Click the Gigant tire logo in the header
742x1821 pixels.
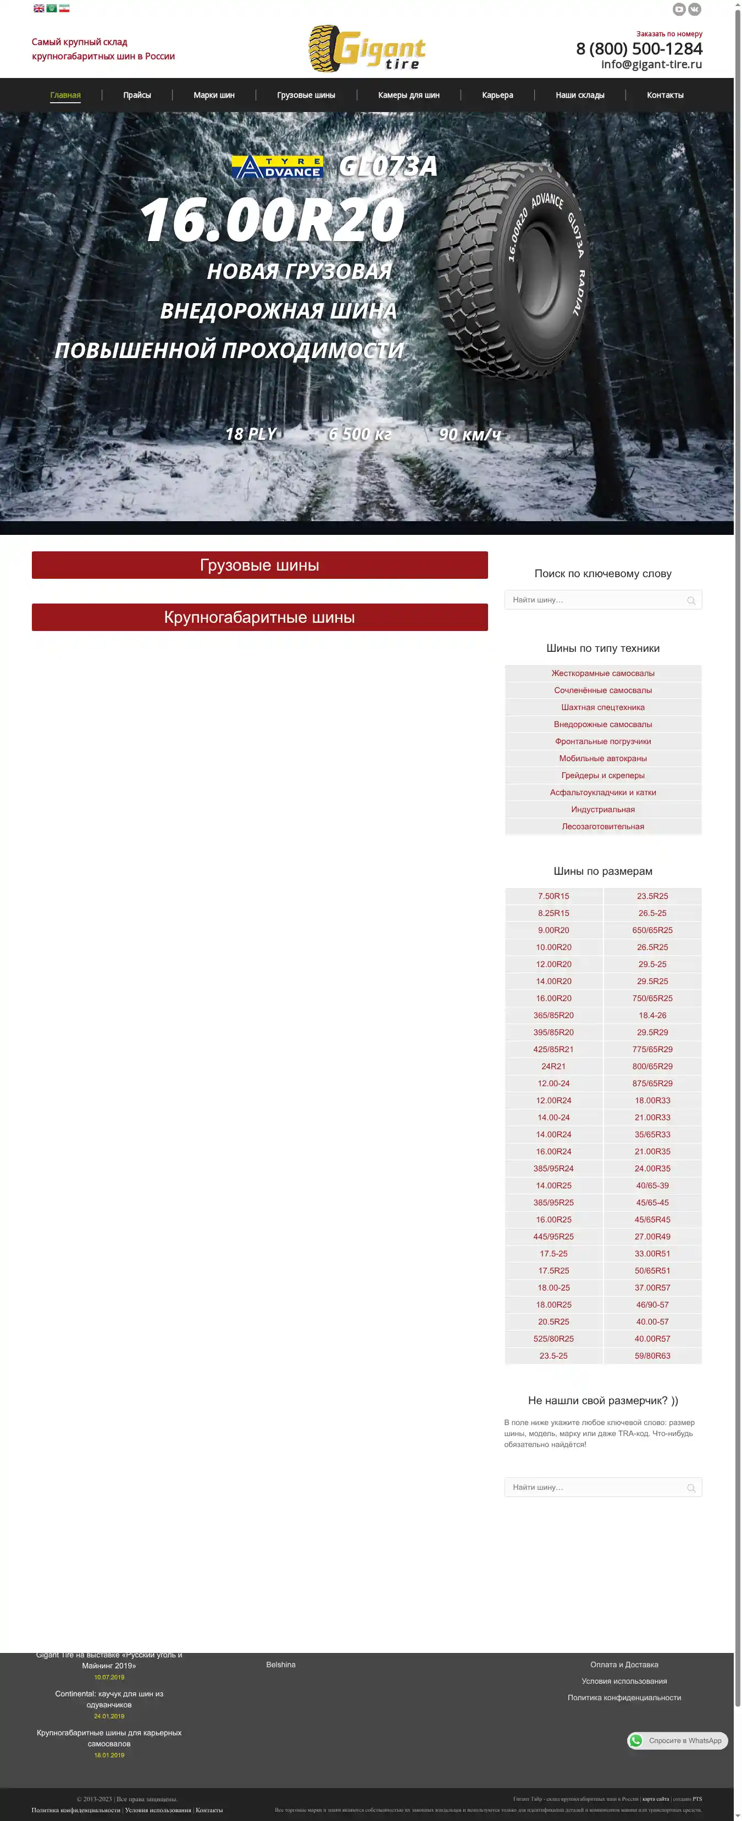367,48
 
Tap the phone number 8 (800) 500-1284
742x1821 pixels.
639,49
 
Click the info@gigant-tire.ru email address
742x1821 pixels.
651,64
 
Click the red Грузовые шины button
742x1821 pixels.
259,565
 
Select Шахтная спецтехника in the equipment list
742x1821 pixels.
602,707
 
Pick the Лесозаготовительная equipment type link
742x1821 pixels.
602,826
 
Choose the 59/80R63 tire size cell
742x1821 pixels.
652,1356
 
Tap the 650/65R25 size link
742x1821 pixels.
652,930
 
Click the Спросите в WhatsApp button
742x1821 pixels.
677,1740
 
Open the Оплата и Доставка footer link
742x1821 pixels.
624,1665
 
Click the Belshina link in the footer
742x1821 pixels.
281,1665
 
